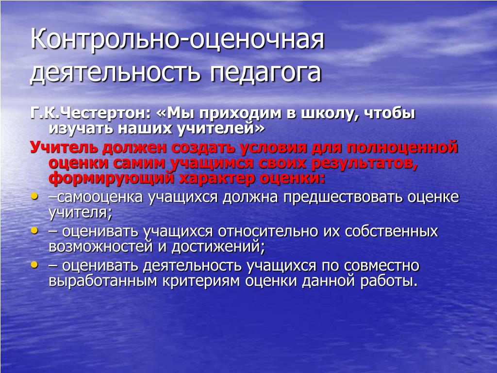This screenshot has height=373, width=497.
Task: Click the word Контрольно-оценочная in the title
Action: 178,40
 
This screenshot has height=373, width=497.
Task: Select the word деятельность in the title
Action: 116,73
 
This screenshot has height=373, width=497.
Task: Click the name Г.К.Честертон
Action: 90,113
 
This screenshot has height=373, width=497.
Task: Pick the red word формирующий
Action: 112,178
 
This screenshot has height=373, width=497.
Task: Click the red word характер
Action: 217,178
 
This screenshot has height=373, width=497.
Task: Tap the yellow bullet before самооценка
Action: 34,196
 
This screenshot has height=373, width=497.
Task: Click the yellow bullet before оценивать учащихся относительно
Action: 34,231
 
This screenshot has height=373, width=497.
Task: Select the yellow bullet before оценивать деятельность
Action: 34,264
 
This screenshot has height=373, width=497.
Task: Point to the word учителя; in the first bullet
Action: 81,213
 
